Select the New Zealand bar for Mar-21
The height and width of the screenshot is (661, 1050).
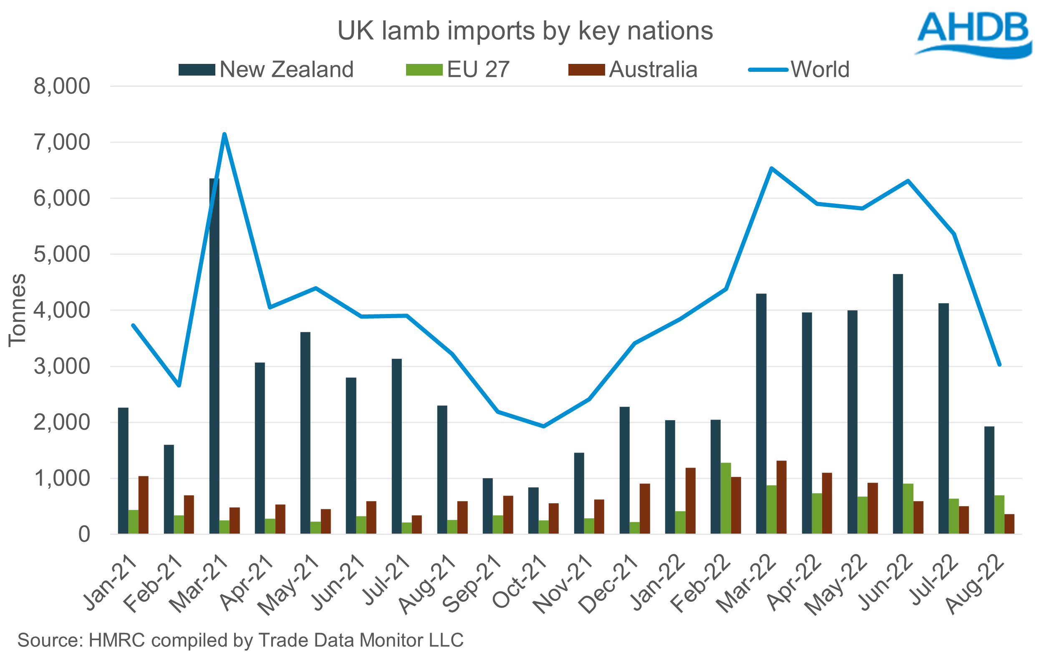point(214,356)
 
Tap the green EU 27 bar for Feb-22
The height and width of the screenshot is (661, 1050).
point(726,498)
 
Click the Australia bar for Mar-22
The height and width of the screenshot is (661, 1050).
point(781,497)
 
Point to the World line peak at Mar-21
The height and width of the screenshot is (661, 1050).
point(224,134)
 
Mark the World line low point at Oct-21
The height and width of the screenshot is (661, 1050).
point(543,426)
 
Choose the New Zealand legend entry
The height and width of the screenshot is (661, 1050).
point(266,70)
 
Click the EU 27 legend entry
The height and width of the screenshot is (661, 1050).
point(458,70)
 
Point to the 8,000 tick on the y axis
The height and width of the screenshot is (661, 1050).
point(62,86)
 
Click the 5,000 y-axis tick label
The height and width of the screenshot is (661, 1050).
point(62,254)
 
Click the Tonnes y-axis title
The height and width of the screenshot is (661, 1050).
point(18,310)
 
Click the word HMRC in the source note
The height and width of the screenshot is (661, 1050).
point(116,640)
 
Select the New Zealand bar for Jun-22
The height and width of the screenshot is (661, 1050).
point(898,404)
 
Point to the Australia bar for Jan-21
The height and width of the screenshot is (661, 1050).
point(144,505)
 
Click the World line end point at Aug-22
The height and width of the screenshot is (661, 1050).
point(1000,365)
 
